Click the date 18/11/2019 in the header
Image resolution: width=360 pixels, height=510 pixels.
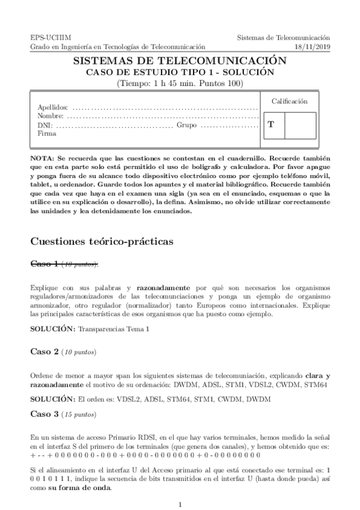point(313,46)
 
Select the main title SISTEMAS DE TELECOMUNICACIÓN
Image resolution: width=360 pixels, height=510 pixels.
point(179,61)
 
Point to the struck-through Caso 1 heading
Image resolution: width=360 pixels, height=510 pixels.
point(45,263)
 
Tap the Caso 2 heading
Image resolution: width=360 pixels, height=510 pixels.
point(45,351)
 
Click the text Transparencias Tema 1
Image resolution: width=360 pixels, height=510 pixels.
point(114,330)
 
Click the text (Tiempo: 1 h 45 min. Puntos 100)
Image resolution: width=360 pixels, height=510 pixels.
point(179,82)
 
